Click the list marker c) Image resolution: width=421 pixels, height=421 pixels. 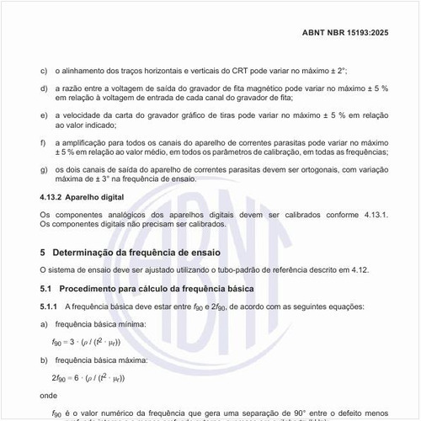point(44,71)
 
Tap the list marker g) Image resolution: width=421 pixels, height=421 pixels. point(44,172)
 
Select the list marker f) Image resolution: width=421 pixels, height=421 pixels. point(44,143)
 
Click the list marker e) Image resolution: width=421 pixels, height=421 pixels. point(44,115)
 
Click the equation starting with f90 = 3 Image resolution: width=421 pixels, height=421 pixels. point(85,343)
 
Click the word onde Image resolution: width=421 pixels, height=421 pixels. point(50,395)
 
